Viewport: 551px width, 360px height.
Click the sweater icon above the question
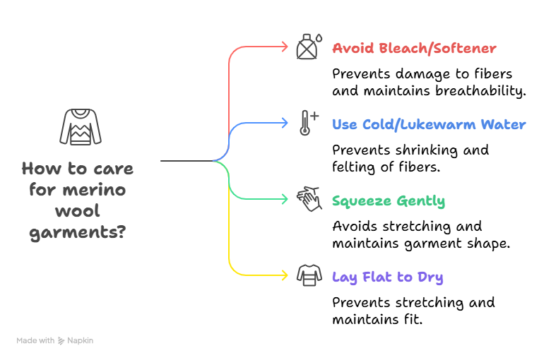coord(80,127)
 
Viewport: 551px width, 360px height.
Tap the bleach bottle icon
coord(307,47)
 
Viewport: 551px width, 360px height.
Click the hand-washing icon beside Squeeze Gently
coord(308,199)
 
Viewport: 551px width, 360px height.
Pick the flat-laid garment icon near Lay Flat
coord(309,275)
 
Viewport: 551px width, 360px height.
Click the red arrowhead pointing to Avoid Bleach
coord(285,47)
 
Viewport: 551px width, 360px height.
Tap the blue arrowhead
coord(285,123)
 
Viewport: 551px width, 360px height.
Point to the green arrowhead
coord(285,199)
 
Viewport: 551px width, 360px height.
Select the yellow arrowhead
coord(285,275)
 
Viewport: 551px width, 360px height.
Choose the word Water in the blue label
coord(504,124)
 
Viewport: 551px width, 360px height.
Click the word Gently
coord(421,201)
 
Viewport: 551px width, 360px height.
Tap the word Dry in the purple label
coord(429,277)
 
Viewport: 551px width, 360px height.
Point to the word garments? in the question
coord(78,233)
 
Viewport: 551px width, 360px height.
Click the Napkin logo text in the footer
coord(80,340)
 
